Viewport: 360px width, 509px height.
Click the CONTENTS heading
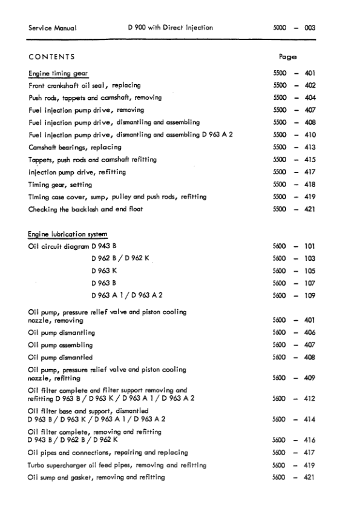tap(51, 57)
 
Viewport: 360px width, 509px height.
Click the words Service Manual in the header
tap(52, 28)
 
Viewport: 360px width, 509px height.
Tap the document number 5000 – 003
tap(295, 28)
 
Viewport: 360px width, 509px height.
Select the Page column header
tap(287, 57)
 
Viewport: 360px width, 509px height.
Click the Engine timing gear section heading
tap(58, 73)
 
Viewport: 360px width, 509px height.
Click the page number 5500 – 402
tap(295, 85)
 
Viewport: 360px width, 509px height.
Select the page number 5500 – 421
tap(295, 209)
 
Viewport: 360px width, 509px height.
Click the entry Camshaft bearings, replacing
tap(75, 147)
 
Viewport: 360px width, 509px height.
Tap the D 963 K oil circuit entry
tap(104, 271)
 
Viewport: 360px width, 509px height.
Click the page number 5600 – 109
tap(295, 295)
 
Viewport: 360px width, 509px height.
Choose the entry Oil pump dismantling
tap(62, 333)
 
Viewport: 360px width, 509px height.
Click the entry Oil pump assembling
tap(61, 345)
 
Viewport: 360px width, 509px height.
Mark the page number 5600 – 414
tap(295, 419)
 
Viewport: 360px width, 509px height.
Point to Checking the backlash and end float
tap(85, 209)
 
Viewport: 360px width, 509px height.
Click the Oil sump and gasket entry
tap(96, 478)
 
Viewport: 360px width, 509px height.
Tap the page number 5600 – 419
tap(295, 465)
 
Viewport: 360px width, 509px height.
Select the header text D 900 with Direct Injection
tap(171, 28)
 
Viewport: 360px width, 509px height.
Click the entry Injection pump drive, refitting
tap(77, 172)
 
